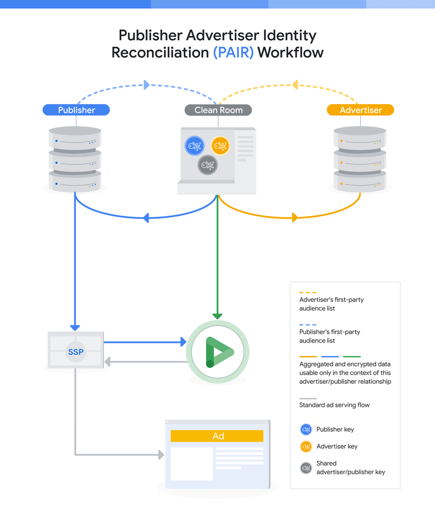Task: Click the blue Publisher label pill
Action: pos(76,110)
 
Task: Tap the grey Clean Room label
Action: pos(218,110)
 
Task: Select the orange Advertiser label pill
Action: pos(360,110)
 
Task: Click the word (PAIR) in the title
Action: pos(233,53)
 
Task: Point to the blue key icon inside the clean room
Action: pos(195,146)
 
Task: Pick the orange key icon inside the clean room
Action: pos(220,146)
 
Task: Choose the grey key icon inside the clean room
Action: pos(207,165)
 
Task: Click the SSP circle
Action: pos(75,352)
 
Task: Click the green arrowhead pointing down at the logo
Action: pos(218,316)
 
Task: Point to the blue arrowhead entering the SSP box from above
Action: pos(75,327)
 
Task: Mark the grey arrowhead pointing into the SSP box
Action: pos(108,362)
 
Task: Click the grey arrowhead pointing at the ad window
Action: pos(160,455)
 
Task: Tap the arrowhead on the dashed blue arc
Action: pos(147,85)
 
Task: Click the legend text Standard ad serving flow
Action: pos(334,405)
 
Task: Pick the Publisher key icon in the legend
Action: pos(306,429)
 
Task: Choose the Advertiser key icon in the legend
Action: pos(306,446)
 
